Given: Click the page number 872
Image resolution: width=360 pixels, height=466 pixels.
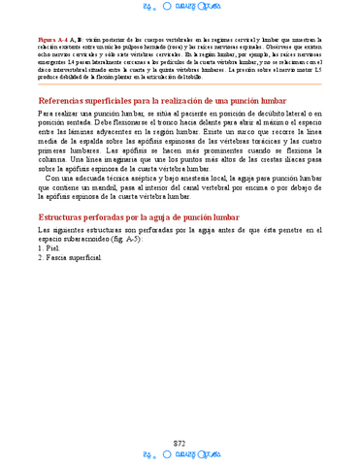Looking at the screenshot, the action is click(x=180, y=416).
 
